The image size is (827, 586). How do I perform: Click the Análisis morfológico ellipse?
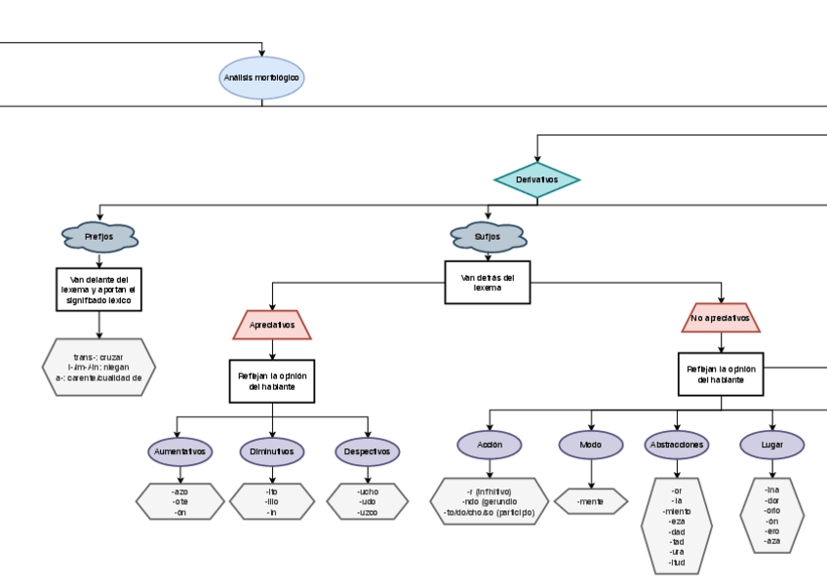click(x=261, y=78)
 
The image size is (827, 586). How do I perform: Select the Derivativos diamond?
click(x=537, y=180)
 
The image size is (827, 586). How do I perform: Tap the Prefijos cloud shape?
click(x=98, y=237)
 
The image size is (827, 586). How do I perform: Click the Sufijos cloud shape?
click(x=488, y=237)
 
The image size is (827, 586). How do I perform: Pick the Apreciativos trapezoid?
click(x=272, y=325)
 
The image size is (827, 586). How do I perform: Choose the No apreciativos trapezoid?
click(x=721, y=318)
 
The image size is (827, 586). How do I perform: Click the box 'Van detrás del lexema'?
click(x=488, y=283)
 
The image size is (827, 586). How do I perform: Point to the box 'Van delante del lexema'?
click(x=99, y=289)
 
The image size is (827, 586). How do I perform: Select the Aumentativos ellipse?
click(x=179, y=452)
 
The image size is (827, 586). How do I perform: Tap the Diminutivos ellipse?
click(x=272, y=452)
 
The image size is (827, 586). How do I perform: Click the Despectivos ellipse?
click(x=367, y=452)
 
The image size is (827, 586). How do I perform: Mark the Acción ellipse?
click(x=490, y=445)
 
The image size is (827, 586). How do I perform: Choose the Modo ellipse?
click(x=591, y=445)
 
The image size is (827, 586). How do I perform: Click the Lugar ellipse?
click(x=772, y=445)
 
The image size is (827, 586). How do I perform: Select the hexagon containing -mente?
click(x=591, y=501)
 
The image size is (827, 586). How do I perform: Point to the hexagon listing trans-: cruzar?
click(x=98, y=367)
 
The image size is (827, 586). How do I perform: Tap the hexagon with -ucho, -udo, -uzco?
click(x=367, y=501)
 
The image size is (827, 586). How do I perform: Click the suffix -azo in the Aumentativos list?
click(x=179, y=491)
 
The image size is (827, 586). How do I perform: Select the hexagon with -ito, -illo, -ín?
click(x=272, y=501)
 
